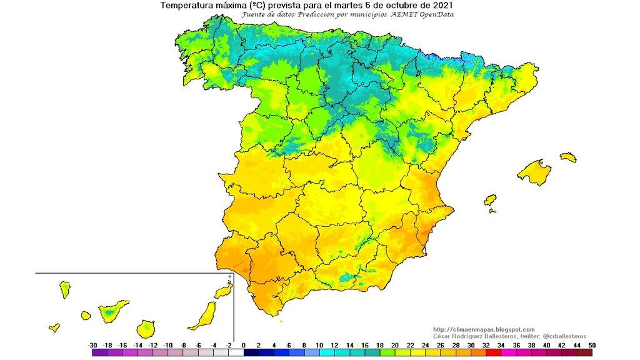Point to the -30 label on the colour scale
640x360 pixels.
[92, 345]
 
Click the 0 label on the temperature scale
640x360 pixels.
[244, 345]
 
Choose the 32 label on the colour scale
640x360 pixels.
[486, 345]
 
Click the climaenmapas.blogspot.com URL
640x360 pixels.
[484, 329]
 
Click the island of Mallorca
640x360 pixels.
[535, 172]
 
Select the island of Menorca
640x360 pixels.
[568, 157]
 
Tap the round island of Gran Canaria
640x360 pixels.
[147, 328]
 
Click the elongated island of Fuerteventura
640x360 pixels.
[204, 316]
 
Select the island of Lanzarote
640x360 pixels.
[222, 291]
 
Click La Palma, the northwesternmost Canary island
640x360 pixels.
[64, 289]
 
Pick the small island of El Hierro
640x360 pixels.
[54, 327]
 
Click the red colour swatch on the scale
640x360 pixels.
[494, 353]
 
